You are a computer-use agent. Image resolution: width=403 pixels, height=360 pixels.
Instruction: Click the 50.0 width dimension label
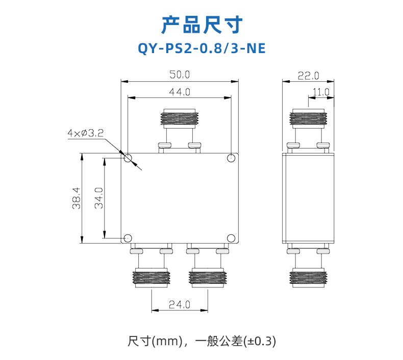click(x=180, y=75)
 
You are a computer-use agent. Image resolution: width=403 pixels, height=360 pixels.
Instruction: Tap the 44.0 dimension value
click(x=180, y=92)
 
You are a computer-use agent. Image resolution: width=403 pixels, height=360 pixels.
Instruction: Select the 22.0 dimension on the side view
click(x=308, y=76)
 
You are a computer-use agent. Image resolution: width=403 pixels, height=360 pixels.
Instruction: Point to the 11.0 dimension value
click(x=321, y=92)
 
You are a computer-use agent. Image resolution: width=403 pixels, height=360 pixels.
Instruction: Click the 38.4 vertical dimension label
click(x=77, y=198)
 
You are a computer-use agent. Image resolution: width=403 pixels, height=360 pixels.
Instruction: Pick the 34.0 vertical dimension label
click(x=98, y=198)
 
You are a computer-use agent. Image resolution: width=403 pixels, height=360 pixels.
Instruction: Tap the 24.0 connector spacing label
click(x=180, y=305)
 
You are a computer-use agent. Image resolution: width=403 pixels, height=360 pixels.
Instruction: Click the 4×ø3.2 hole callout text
click(x=85, y=133)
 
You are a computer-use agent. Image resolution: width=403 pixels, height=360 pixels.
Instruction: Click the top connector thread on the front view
click(x=180, y=118)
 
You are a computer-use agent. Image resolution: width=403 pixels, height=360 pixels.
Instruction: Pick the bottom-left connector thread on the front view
click(x=152, y=278)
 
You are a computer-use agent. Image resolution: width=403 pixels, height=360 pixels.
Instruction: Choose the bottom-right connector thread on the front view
click(x=208, y=278)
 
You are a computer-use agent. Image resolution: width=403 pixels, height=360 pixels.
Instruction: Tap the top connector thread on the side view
click(x=308, y=118)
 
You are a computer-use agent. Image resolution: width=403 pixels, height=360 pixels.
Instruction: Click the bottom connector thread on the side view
click(x=308, y=278)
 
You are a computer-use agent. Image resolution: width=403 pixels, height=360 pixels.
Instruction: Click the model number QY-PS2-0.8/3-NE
click(x=202, y=48)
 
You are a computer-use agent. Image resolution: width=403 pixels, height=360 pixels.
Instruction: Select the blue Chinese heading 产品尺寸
click(x=202, y=25)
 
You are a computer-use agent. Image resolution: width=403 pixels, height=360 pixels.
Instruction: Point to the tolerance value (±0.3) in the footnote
click(x=260, y=341)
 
